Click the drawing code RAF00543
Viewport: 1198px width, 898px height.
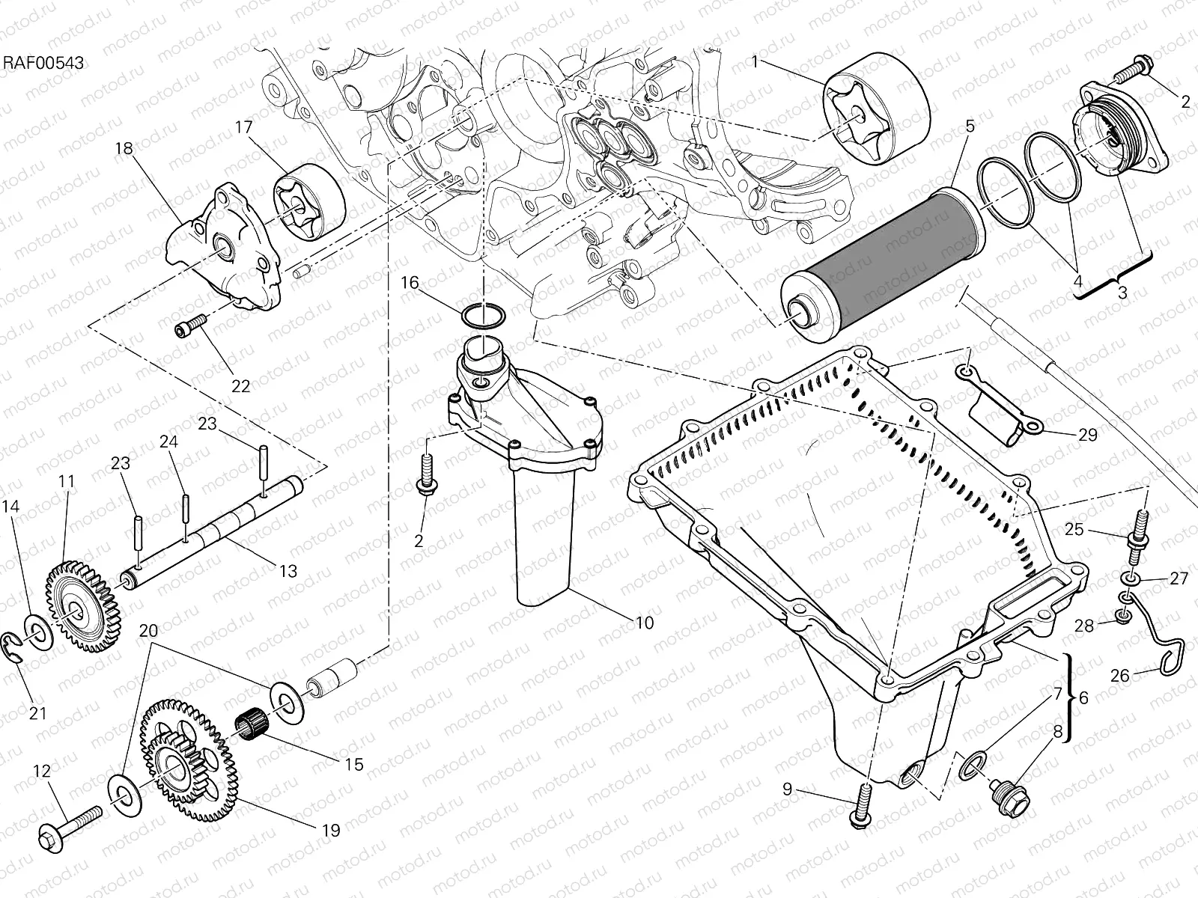point(43,63)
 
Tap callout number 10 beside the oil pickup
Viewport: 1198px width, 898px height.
point(644,622)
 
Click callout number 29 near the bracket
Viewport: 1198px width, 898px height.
point(1086,435)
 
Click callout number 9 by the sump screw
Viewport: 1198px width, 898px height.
point(786,789)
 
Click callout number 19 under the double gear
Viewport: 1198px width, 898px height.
point(330,830)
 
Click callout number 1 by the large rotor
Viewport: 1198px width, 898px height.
point(755,62)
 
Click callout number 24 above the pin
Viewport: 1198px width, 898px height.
point(168,442)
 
